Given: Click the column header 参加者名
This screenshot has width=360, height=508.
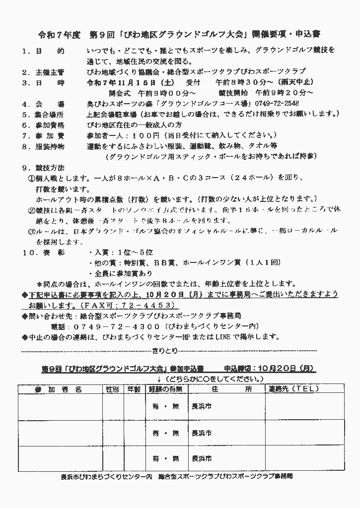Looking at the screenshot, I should click(59, 389).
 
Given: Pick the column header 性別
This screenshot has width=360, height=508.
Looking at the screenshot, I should click(112, 389).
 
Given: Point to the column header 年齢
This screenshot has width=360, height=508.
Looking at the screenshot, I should click(134, 389).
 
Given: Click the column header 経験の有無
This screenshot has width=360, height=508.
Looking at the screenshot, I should click(166, 389).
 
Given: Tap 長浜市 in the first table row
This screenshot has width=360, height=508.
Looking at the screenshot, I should click(202, 406).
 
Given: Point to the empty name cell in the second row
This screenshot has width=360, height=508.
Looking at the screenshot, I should click(60, 433).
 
